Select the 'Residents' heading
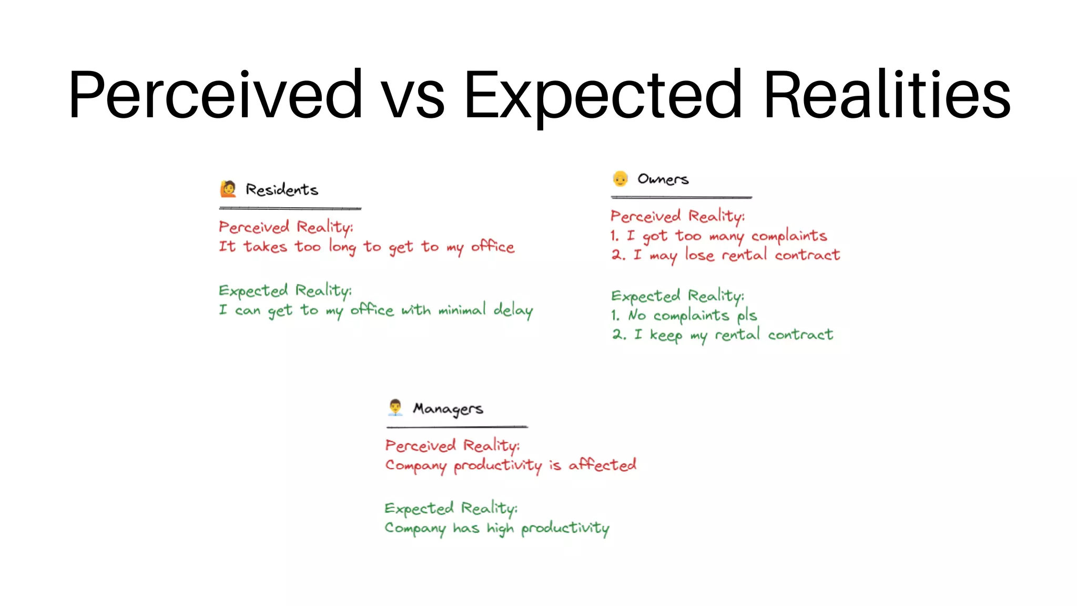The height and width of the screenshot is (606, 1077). pyautogui.click(x=282, y=189)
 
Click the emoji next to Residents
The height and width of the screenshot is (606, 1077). pyautogui.click(x=228, y=189)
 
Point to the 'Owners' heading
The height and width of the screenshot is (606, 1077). pyautogui.click(x=663, y=179)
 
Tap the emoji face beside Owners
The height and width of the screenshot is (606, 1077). pyautogui.click(x=621, y=179)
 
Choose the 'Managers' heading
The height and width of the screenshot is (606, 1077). pyautogui.click(x=448, y=409)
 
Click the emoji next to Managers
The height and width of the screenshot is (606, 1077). pyautogui.click(x=395, y=408)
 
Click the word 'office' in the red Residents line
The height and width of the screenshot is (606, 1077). pyautogui.click(x=493, y=246)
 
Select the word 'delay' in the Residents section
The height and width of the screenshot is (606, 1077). pyautogui.click(x=513, y=310)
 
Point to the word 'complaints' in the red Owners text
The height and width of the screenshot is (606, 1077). pyautogui.click(x=789, y=236)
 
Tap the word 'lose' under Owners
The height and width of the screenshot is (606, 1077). pyautogui.click(x=699, y=255)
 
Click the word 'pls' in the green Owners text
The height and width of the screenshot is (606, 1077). pyautogui.click(x=747, y=316)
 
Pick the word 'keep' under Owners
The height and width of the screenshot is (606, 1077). pyautogui.click(x=666, y=335)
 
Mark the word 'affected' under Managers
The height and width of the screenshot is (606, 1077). pyautogui.click(x=602, y=464)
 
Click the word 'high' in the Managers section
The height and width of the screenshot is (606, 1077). pyautogui.click(x=500, y=528)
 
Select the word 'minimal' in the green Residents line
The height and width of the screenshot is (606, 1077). pyautogui.click(x=462, y=310)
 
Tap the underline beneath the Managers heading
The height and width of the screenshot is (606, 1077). pyautogui.click(x=456, y=427)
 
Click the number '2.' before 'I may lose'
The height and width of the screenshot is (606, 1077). pyautogui.click(x=618, y=255)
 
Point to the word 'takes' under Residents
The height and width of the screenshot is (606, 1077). pyautogui.click(x=265, y=246)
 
